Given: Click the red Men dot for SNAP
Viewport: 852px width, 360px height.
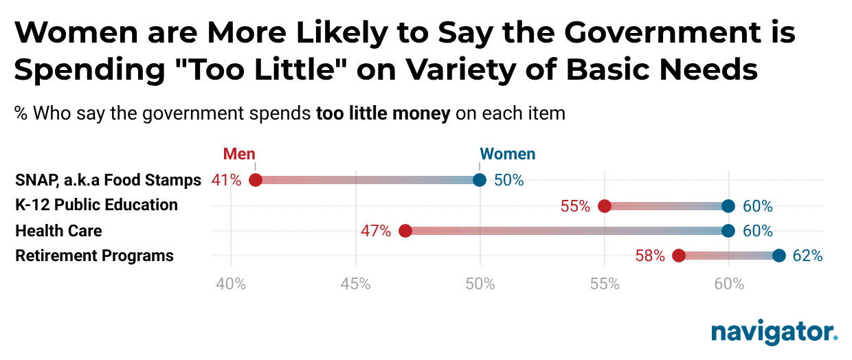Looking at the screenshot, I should pyautogui.click(x=255, y=180).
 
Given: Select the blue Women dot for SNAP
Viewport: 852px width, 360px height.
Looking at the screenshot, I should pyautogui.click(x=480, y=180).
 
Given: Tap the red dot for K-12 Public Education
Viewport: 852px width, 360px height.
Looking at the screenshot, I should pyautogui.click(x=605, y=205).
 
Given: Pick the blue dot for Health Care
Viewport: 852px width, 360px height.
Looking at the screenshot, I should pyautogui.click(x=728, y=231).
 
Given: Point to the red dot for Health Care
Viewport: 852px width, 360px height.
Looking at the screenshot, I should pyautogui.click(x=405, y=231).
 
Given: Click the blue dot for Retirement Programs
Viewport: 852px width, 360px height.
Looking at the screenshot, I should pyautogui.click(x=778, y=256).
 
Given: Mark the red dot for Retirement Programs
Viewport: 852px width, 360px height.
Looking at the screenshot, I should pyautogui.click(x=679, y=256).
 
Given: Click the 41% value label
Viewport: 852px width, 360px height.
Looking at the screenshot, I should pyautogui.click(x=226, y=181).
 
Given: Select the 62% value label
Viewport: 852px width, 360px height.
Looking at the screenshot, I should pyautogui.click(x=807, y=256).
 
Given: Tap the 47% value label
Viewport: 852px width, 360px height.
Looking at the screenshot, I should pyautogui.click(x=376, y=232).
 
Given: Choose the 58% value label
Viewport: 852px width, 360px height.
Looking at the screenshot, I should pyautogui.click(x=650, y=256).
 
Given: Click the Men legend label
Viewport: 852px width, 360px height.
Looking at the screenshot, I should pyautogui.click(x=239, y=154).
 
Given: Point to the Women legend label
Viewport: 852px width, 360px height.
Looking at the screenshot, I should pyautogui.click(x=507, y=154).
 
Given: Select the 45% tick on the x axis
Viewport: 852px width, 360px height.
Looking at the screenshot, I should pyautogui.click(x=355, y=283).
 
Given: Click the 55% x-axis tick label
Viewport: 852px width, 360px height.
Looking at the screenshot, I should pyautogui.click(x=605, y=283).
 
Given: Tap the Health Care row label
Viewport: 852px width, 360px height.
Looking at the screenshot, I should pyautogui.click(x=58, y=232).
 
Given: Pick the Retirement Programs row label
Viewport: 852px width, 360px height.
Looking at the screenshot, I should pyautogui.click(x=94, y=256).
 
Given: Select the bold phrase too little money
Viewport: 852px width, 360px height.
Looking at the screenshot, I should pyautogui.click(x=383, y=113).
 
